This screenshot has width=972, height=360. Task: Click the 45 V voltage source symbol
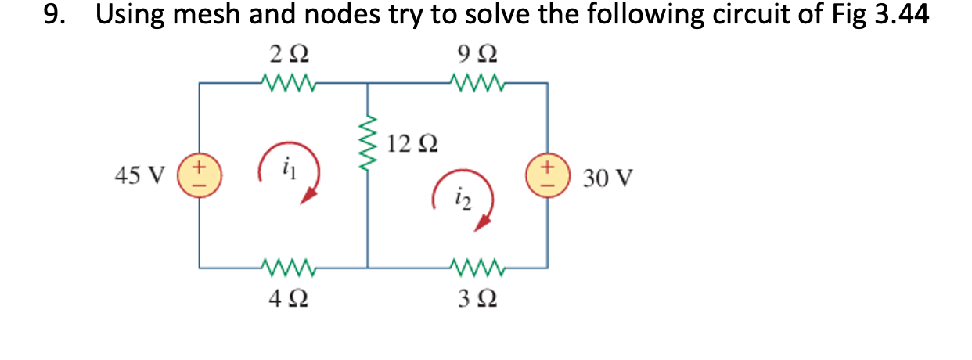point(200,173)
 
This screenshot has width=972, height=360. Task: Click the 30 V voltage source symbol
point(547,173)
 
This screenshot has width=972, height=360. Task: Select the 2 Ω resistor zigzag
point(288,81)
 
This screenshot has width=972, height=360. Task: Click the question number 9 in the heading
point(53,16)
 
